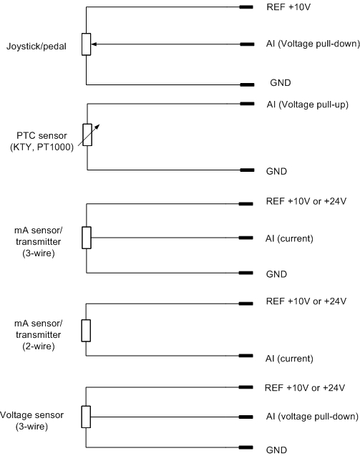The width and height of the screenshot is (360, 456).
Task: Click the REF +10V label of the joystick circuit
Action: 288,7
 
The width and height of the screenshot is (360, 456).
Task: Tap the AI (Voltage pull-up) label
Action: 307,105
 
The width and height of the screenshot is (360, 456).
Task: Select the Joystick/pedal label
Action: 37,47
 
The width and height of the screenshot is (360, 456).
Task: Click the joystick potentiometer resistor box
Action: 87,44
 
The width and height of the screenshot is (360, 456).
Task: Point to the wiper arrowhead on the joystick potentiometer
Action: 94,44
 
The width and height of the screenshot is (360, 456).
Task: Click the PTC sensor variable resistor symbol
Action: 87,135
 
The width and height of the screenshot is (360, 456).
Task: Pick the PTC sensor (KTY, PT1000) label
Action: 42,141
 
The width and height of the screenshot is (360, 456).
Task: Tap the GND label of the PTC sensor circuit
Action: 276,171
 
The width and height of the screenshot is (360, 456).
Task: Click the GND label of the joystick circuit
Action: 281,82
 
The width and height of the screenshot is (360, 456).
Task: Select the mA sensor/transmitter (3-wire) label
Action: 39,242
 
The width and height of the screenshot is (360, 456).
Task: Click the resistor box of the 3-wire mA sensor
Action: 87,238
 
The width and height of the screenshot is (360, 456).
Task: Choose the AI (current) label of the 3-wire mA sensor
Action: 289,239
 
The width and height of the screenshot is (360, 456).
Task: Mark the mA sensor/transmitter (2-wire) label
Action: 39,335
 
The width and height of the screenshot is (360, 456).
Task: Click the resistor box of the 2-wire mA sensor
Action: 86,331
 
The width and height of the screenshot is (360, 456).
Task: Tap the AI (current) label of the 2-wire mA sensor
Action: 289,359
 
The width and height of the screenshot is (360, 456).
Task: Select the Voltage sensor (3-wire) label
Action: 31,421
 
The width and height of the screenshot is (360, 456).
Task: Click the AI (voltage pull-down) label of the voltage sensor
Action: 312,417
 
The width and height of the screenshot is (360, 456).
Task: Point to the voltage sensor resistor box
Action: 86,417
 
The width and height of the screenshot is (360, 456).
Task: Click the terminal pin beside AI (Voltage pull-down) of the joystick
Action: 247,44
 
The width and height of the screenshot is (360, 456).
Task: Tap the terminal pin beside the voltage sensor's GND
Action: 246,447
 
